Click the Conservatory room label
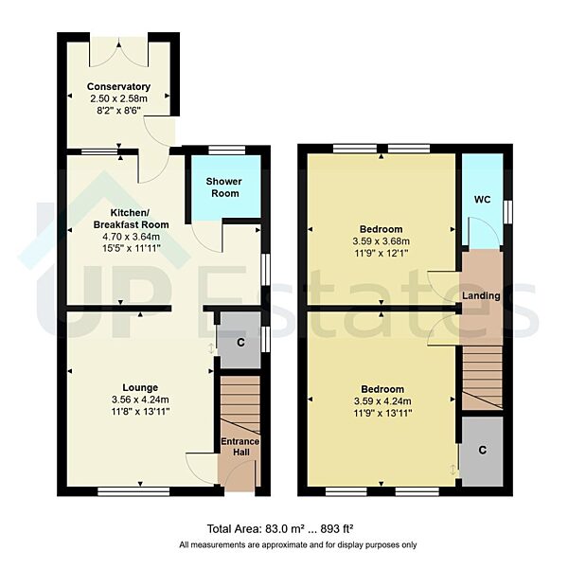[119, 86]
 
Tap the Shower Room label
[224, 187]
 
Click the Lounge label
[139, 385]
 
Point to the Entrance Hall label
[240, 448]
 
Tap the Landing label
[481, 296]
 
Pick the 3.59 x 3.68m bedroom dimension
[382, 240]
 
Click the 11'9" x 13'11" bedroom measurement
[382, 413]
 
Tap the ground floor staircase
[240, 402]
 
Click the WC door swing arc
[481, 231]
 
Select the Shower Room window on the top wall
[225, 149]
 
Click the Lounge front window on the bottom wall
[133, 491]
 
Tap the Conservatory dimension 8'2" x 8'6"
[119, 109]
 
